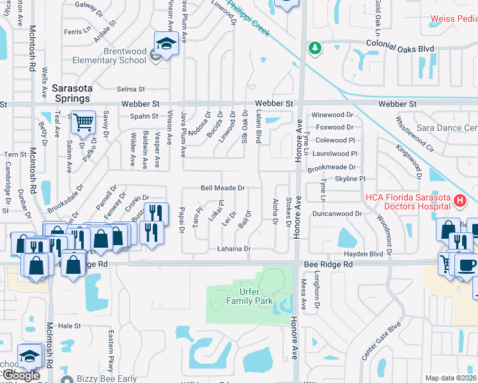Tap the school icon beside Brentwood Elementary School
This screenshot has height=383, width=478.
coord(166,44)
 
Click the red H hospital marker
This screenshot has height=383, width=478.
coord(458,202)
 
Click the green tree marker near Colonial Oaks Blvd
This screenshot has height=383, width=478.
coord(314,48)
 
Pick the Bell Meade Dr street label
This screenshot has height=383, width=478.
coord(223,188)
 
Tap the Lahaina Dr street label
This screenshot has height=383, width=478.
coord(233,248)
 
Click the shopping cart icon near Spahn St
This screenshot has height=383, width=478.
coord(82,121)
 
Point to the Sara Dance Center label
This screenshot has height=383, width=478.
coord(447,128)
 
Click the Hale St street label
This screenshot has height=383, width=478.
coord(69,325)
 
